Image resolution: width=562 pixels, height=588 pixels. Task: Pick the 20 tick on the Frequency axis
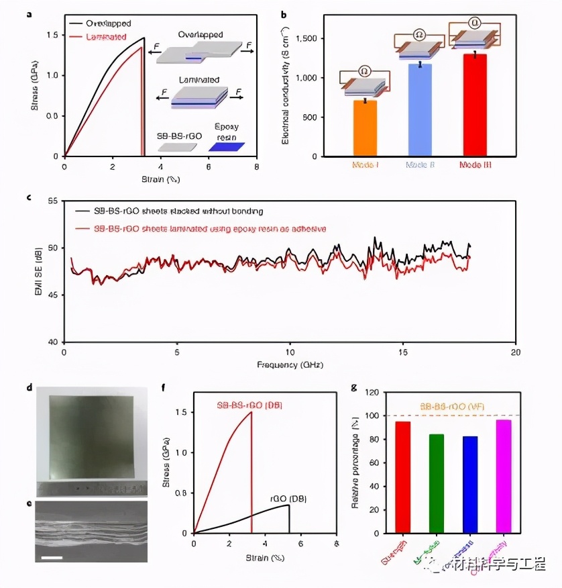point(514,352)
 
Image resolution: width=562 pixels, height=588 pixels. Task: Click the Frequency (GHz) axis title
point(289,364)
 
